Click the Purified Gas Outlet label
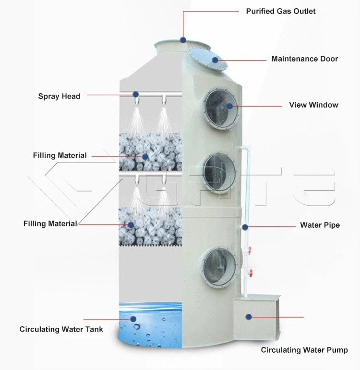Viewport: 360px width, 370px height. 281,11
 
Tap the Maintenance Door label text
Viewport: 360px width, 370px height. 304,59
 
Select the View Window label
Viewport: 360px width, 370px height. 313,105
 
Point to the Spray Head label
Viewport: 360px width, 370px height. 59,96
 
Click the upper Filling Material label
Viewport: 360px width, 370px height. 60,155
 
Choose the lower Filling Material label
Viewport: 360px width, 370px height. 50,223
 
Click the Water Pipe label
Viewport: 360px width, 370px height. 320,225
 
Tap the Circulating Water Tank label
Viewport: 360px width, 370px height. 61,329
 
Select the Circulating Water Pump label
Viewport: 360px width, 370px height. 304,350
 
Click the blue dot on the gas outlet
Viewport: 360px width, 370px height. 183,39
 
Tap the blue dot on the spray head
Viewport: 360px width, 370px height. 136,94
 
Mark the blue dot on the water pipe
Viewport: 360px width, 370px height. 245,226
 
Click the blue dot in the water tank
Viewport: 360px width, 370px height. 133,318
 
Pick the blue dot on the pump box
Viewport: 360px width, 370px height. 249,316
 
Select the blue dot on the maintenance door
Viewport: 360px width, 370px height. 215,60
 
